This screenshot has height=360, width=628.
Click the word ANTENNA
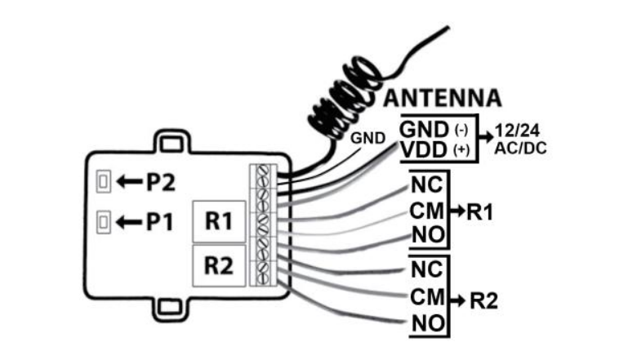click(442, 99)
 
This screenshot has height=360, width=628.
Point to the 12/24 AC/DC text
click(520, 140)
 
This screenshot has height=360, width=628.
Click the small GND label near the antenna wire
click(367, 138)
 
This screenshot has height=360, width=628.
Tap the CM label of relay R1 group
click(426, 211)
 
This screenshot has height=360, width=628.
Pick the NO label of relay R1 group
click(426, 237)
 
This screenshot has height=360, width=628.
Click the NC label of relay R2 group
click(426, 269)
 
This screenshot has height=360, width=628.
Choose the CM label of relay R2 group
click(426, 296)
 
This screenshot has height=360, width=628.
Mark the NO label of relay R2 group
click(426, 324)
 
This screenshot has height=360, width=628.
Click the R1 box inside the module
click(218, 222)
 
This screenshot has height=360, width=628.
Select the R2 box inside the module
click(218, 265)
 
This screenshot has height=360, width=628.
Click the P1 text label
click(159, 220)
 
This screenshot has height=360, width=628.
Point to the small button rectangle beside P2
click(103, 182)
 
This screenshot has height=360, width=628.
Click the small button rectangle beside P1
click(103, 220)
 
